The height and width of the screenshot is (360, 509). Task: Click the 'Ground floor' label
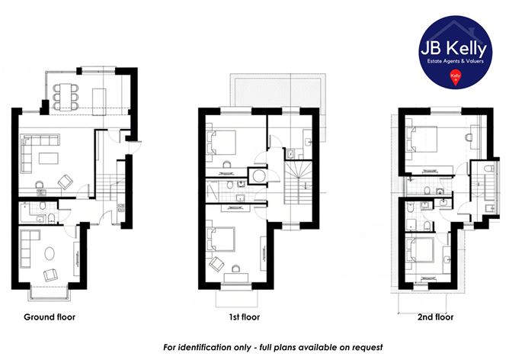50,316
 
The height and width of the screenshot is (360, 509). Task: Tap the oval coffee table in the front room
52,251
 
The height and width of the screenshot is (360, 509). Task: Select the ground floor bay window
50,292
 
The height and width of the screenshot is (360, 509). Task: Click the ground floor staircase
112,186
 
